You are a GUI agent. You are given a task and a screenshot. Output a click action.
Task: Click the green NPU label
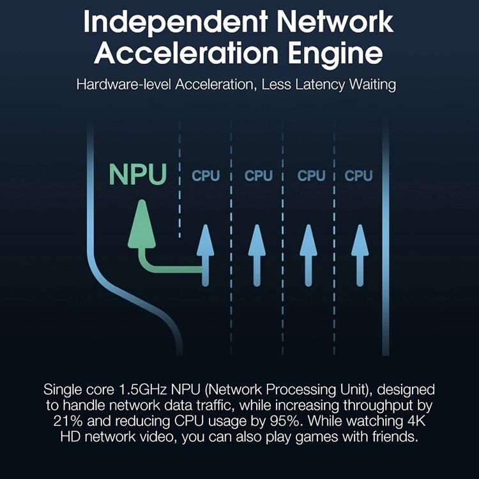click(x=138, y=174)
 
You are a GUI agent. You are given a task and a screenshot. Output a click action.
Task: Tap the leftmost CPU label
click(x=206, y=176)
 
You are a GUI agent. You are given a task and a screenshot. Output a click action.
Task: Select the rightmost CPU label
click(x=358, y=176)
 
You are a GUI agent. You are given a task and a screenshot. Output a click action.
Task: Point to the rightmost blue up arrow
click(x=360, y=255)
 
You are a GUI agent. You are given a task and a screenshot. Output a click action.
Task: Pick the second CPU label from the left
click(x=259, y=176)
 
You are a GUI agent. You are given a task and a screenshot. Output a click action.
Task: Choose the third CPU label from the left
click(x=311, y=176)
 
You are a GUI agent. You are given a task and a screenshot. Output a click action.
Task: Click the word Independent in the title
click(x=176, y=22)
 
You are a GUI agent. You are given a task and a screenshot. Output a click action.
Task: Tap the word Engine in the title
click(x=335, y=53)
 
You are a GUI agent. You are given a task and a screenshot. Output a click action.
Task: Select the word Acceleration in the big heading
click(x=186, y=52)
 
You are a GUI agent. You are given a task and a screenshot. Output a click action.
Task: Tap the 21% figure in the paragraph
click(x=68, y=421)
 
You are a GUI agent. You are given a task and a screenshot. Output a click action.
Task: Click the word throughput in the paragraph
click(x=379, y=406)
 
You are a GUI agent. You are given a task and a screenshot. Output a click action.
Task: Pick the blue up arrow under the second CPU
click(x=257, y=255)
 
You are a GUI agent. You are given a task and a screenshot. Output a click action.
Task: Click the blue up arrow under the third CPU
click(x=308, y=255)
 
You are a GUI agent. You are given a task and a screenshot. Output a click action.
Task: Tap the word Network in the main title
click(x=335, y=22)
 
